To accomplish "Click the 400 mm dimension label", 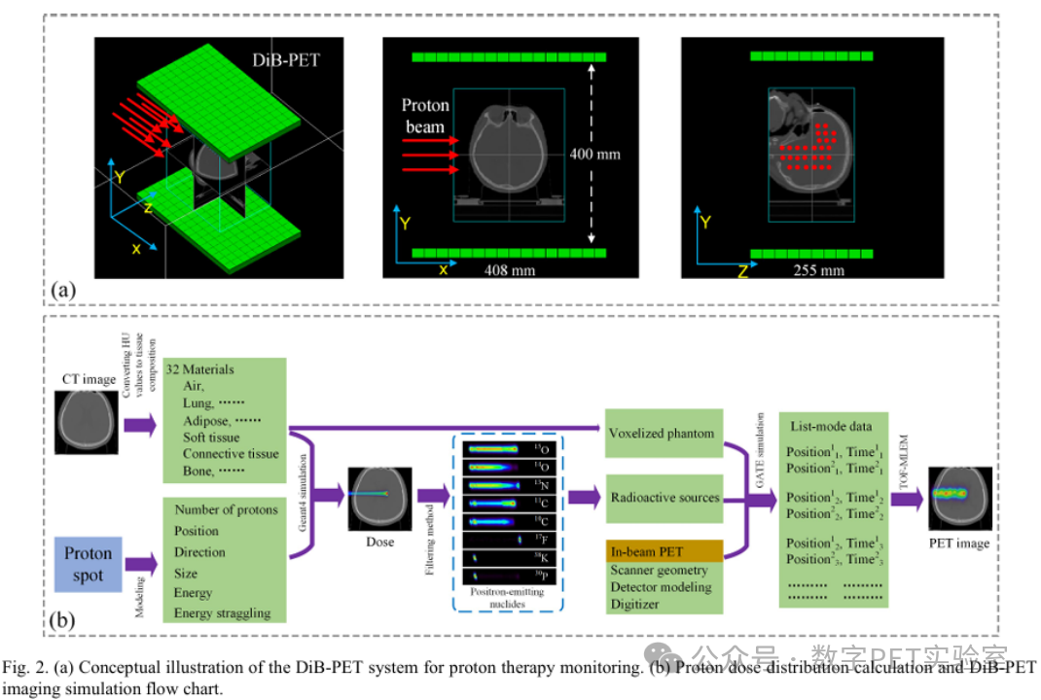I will (595, 154).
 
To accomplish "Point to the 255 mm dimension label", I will (820, 270).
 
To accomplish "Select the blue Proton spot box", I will (88, 563).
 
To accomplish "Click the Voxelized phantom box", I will (663, 434).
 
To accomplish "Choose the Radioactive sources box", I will (664, 498).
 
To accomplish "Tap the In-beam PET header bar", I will (664, 552).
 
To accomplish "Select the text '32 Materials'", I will (199, 369).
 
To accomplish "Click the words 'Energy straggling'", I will (223, 613).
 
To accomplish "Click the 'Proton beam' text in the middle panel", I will (424, 115).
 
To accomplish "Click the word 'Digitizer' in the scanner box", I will (635, 604).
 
